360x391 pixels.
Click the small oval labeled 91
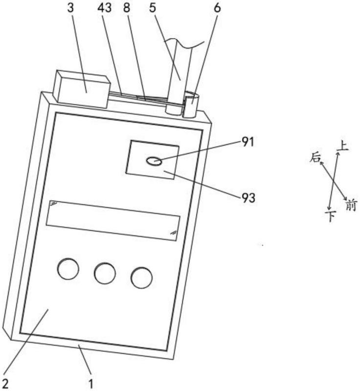coord(154,161)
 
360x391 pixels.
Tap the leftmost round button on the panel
coord(68,269)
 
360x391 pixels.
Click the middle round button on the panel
coord(105,273)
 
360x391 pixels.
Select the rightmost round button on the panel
coord(141,278)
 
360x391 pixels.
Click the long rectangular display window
coord(112,220)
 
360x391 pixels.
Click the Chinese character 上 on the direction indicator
coord(343,146)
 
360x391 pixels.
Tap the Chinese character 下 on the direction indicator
coord(331,216)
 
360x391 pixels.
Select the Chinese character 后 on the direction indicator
coord(315,157)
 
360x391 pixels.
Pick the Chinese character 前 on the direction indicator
coord(351,205)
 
